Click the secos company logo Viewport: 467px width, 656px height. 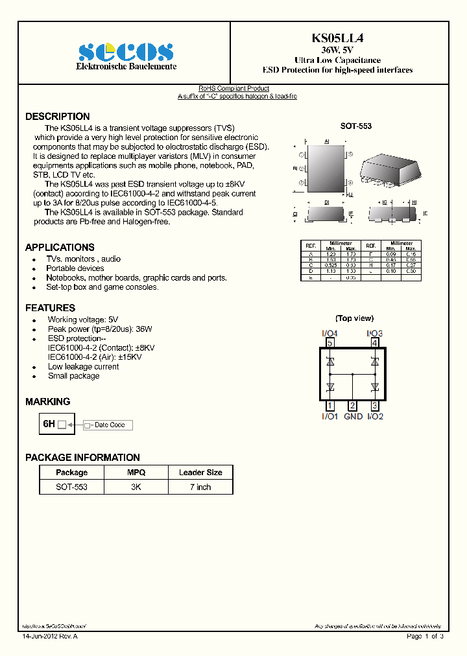click(x=126, y=53)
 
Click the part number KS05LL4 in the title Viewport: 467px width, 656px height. click(x=337, y=38)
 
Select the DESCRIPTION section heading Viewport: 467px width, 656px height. click(x=58, y=117)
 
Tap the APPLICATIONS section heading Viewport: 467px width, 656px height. click(x=60, y=247)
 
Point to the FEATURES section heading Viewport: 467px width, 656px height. click(x=50, y=308)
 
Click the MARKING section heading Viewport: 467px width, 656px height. click(x=47, y=402)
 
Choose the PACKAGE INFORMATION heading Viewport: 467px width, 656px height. click(x=82, y=458)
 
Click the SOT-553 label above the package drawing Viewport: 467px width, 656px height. click(x=355, y=126)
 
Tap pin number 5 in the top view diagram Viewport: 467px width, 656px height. click(x=330, y=343)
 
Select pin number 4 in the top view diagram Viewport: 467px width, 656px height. click(x=374, y=343)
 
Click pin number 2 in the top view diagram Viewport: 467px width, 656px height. click(x=352, y=406)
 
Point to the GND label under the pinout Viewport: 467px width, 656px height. click(x=353, y=416)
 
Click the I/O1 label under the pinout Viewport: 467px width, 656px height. click(x=329, y=416)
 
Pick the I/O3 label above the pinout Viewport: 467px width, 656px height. click(x=375, y=333)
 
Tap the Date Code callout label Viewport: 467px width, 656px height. click(x=109, y=425)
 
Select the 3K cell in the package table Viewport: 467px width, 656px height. click(x=136, y=487)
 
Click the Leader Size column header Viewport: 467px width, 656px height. click(x=200, y=473)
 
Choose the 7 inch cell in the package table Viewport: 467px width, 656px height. click(x=200, y=487)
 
